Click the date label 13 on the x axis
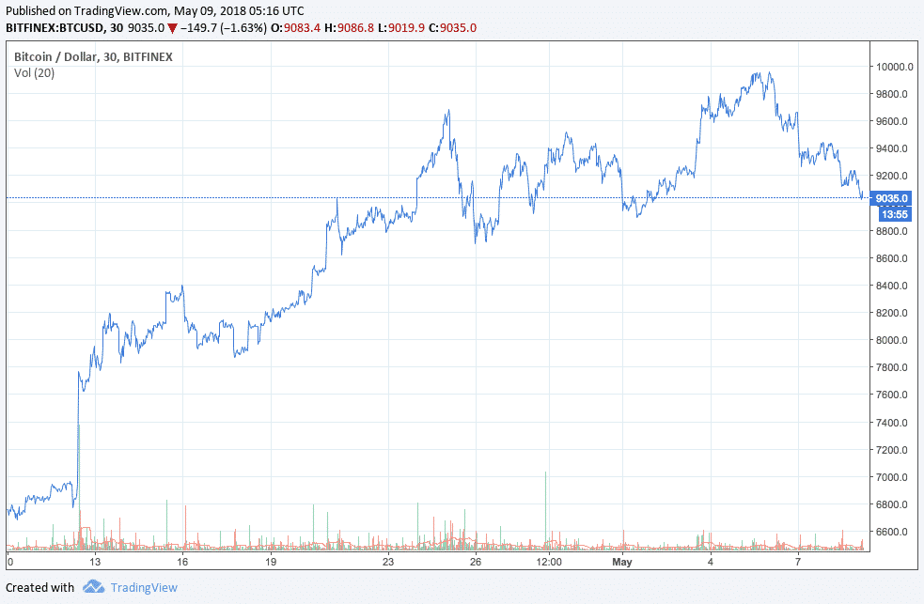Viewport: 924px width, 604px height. (95, 562)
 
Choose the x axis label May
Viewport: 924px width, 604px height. (621, 562)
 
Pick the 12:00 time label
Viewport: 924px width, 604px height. (548, 562)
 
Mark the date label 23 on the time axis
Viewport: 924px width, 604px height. (387, 562)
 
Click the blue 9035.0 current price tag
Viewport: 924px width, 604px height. (891, 198)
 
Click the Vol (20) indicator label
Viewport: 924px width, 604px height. (33, 72)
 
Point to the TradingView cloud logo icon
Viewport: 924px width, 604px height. (92, 588)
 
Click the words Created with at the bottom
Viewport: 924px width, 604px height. (39, 588)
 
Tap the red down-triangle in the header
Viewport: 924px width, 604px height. (172, 28)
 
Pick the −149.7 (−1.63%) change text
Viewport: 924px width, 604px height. (221, 28)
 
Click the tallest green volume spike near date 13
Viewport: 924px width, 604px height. (78, 470)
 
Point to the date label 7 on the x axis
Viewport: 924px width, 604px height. (797, 562)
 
